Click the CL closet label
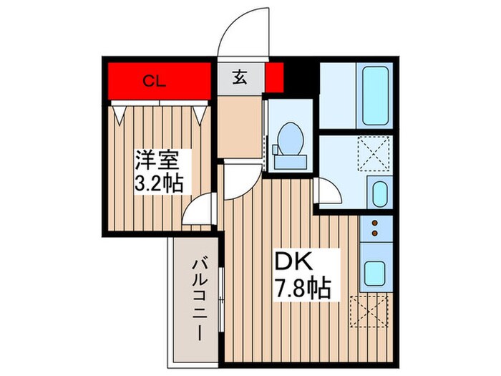(x=153, y=81)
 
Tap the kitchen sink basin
(x=374, y=272)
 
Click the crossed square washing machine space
(x=372, y=155)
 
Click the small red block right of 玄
(x=274, y=77)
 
